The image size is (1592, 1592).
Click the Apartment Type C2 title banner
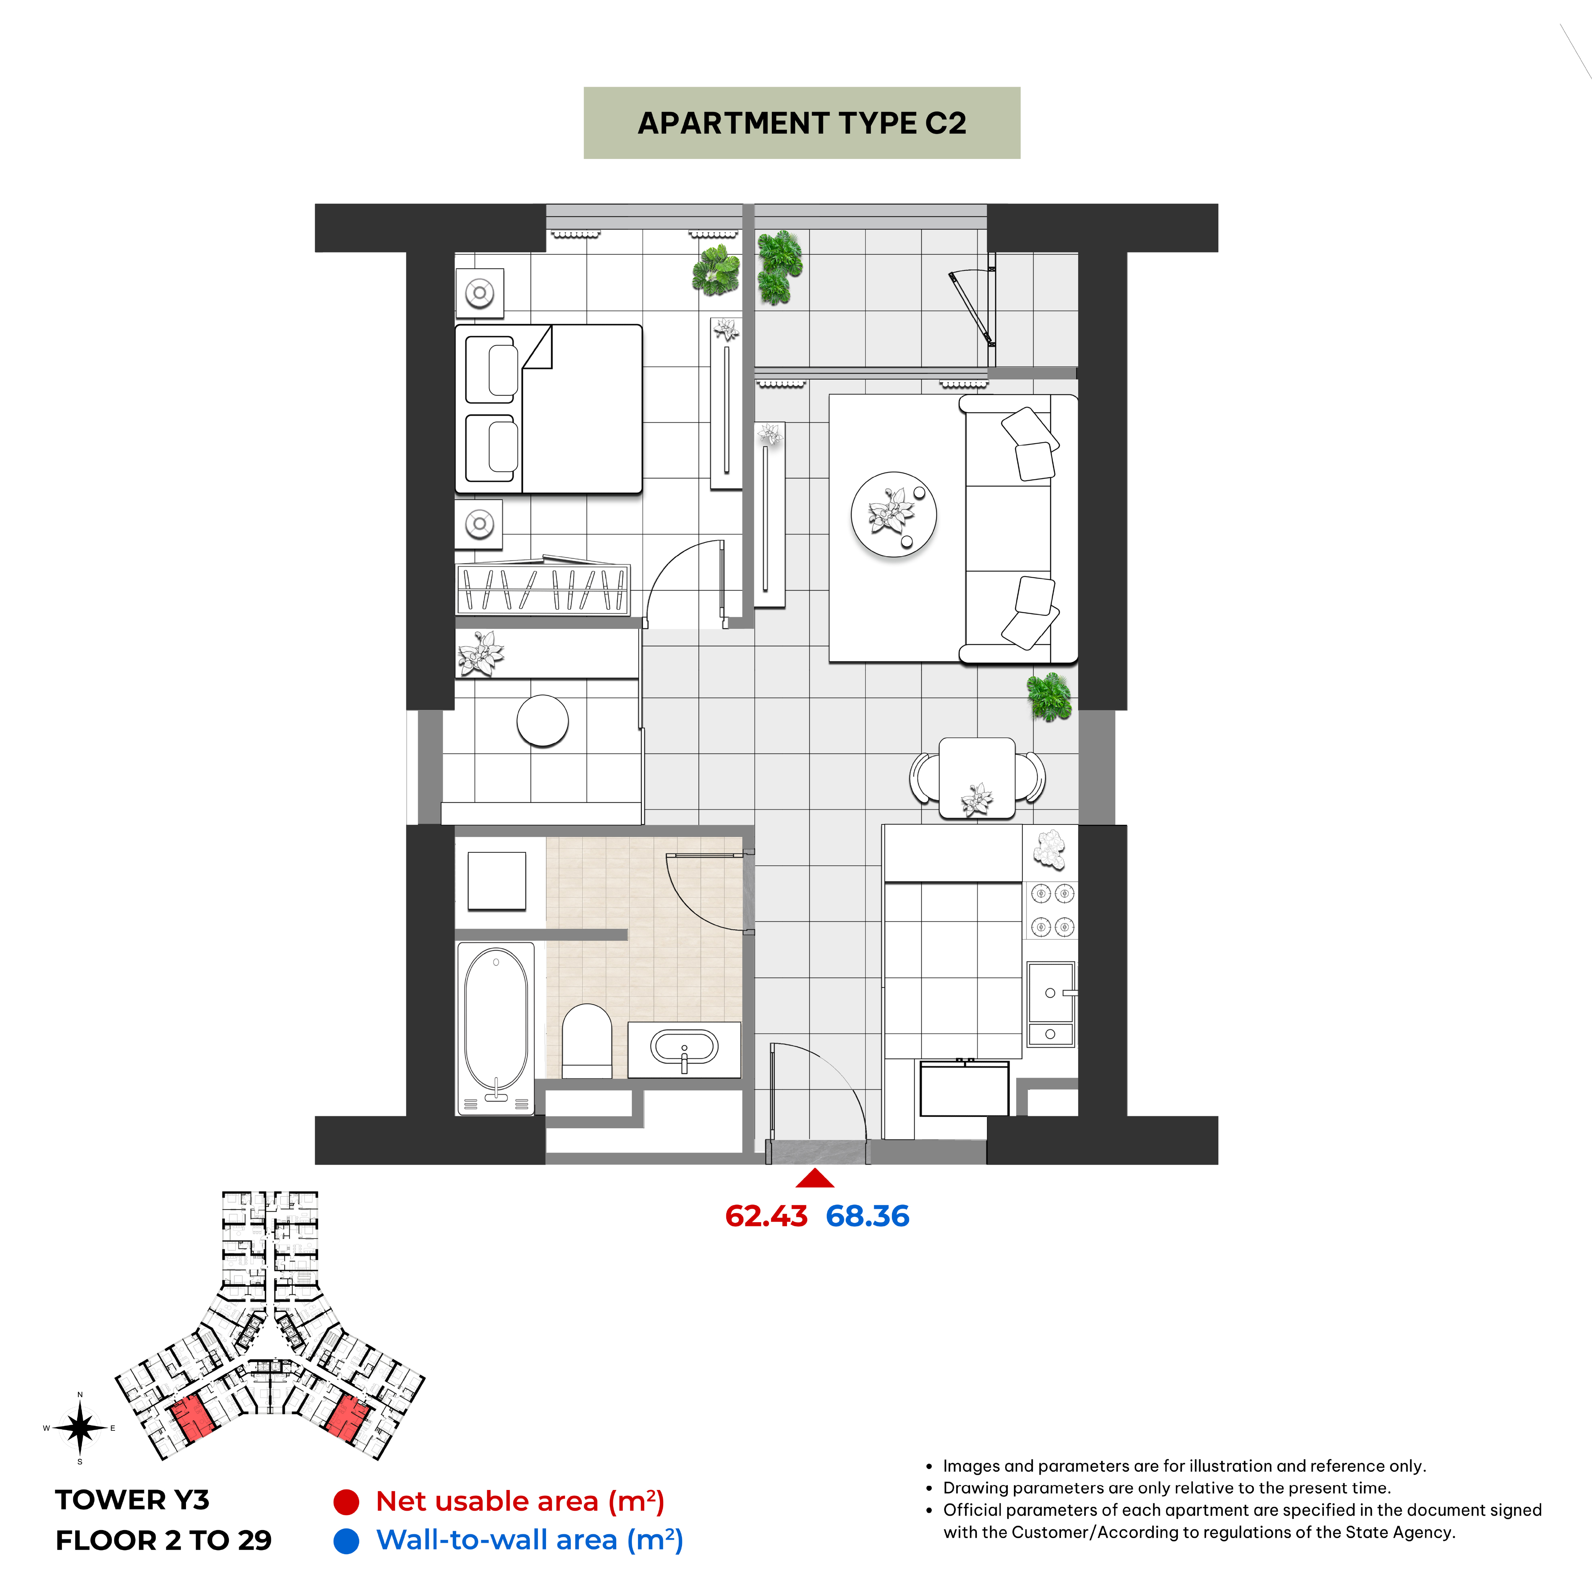click(x=802, y=123)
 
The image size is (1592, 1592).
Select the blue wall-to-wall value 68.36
click(x=868, y=1216)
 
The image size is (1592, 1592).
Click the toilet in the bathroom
click(x=587, y=1041)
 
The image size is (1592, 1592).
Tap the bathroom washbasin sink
click(x=684, y=1049)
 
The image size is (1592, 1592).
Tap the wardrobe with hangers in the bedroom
click(x=543, y=589)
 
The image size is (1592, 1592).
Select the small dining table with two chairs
click(x=977, y=778)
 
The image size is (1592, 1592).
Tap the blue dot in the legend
click(x=346, y=1541)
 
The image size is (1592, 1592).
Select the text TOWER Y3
click(x=133, y=1500)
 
